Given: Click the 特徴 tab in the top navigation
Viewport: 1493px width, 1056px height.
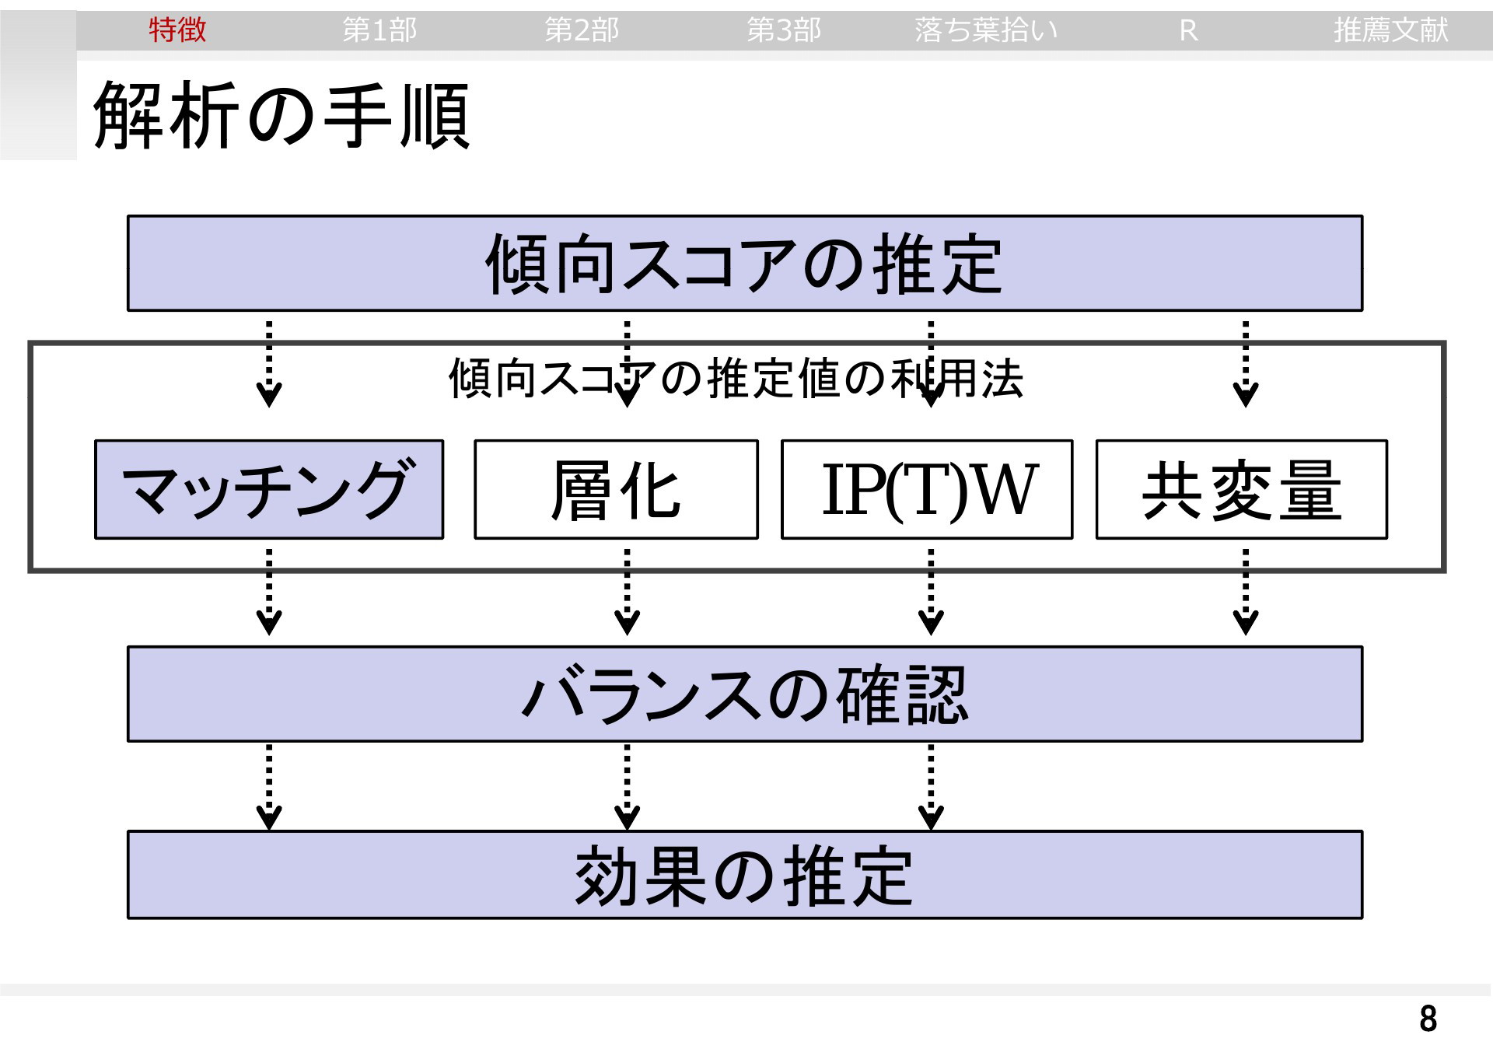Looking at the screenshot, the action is [177, 30].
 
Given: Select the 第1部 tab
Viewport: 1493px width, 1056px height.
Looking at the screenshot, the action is [379, 30].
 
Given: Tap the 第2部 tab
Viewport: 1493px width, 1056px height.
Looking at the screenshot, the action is [582, 30].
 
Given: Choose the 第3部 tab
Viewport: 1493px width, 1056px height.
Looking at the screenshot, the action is [784, 30].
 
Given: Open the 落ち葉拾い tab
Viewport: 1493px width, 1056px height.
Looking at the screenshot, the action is [986, 30].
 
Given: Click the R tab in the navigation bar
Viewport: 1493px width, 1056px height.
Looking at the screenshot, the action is [1188, 30].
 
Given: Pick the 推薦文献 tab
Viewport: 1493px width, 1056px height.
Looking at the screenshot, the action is [1390, 30].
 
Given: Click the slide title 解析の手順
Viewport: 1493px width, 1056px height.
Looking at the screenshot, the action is [281, 117].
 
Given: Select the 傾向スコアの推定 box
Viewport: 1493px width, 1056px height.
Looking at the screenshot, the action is [745, 264].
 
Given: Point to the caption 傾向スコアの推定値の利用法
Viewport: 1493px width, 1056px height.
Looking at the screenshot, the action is [736, 379].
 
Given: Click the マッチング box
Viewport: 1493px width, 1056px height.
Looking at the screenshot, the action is [269, 489].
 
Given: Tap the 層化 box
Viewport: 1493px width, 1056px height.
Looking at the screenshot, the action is [616, 489].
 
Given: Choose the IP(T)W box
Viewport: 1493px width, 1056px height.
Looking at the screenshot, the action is [927, 489].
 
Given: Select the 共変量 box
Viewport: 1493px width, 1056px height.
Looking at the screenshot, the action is [1242, 489].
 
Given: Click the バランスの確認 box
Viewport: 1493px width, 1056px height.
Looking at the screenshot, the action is [745, 694].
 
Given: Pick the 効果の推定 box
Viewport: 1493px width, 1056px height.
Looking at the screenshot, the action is [745, 875].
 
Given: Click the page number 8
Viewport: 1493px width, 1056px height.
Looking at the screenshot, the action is [1428, 1019].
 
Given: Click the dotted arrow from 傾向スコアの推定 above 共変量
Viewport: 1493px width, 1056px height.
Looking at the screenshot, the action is [1246, 364].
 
